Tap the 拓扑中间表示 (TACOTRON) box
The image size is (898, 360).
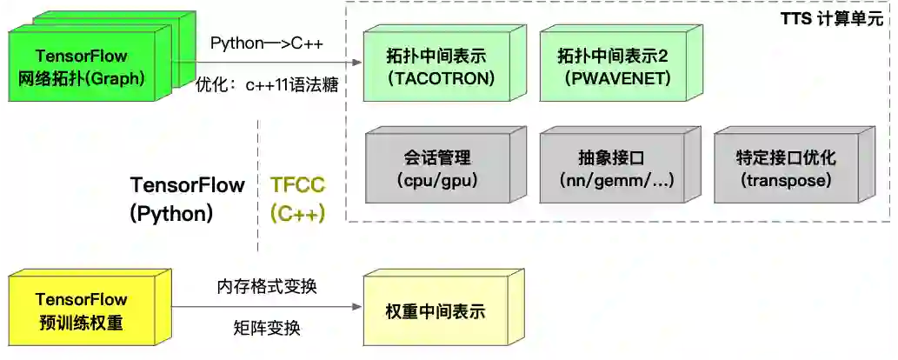point(440,67)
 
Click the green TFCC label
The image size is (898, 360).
point(297,184)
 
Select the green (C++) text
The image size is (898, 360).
point(297,213)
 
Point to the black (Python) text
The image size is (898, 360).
point(171,213)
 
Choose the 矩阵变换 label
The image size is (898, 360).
point(267,329)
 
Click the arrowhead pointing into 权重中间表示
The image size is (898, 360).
point(357,307)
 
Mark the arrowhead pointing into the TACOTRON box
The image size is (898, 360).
point(357,63)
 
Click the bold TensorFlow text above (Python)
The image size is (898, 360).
point(187,184)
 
